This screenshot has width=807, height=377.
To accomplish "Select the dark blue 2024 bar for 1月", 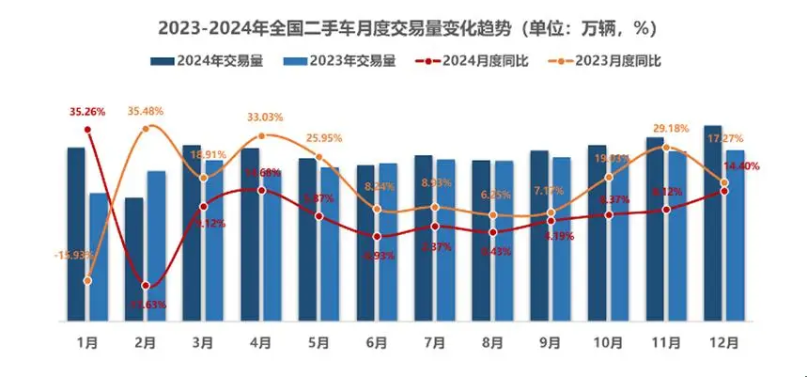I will click(x=76, y=235).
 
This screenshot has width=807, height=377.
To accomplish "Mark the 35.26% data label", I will click(x=87, y=111).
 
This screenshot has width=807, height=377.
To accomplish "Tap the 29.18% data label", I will click(x=667, y=128).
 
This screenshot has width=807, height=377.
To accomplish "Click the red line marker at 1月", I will click(x=87, y=129).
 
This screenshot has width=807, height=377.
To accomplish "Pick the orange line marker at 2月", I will click(x=146, y=128).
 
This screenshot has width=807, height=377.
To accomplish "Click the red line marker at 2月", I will click(x=146, y=286).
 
